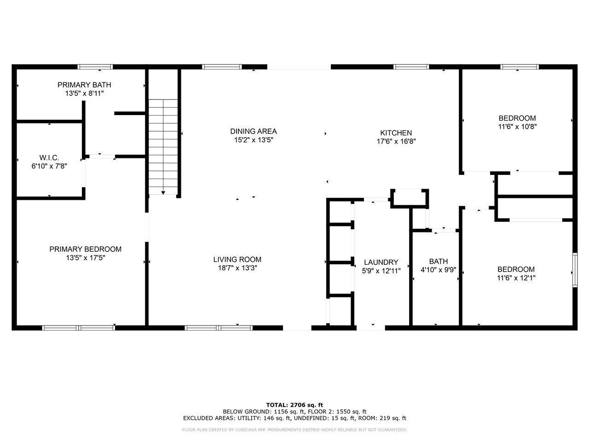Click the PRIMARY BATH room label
tap(84, 85)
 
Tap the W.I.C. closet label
tap(49, 157)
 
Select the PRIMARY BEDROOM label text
tap(85, 249)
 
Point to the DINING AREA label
tap(253, 131)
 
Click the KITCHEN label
tap(396, 133)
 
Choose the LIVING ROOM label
tap(237, 260)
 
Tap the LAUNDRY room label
tap(381, 262)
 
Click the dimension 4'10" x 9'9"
tap(438, 270)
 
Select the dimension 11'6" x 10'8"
tap(517, 127)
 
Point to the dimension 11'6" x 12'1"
tap(516, 278)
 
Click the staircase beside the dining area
tap(163, 147)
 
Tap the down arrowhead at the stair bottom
tap(163, 193)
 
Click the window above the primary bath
tap(95, 67)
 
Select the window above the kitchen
tap(411, 67)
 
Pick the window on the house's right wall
tap(575, 270)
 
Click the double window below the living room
tap(219, 328)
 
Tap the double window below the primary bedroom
tap(79, 328)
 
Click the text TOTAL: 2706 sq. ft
tap(294, 405)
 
